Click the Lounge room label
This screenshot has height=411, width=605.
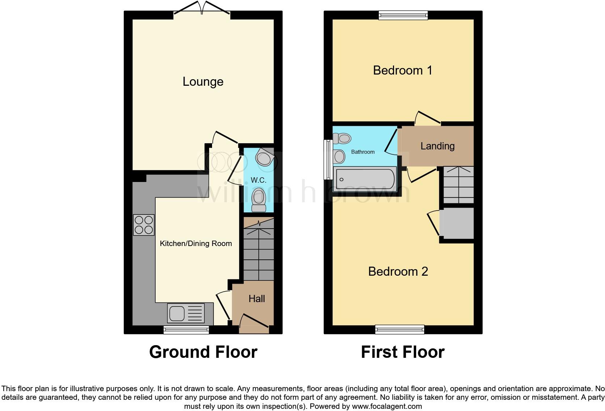[203, 82]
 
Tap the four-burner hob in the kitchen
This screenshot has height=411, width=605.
[144, 225]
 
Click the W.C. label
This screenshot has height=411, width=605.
[258, 180]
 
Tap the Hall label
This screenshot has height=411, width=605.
[257, 299]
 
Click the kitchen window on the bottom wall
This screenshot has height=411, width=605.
[186, 330]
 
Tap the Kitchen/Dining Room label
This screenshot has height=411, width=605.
[196, 243]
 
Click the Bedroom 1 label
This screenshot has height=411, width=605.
[402, 70]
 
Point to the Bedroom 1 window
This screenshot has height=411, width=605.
[403, 15]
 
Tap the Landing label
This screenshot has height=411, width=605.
[437, 146]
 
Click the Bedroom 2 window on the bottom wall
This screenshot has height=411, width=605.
[399, 329]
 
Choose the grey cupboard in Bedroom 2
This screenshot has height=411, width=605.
[457, 223]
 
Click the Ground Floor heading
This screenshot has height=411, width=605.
[203, 352]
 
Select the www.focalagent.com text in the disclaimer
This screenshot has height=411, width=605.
[386, 406]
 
